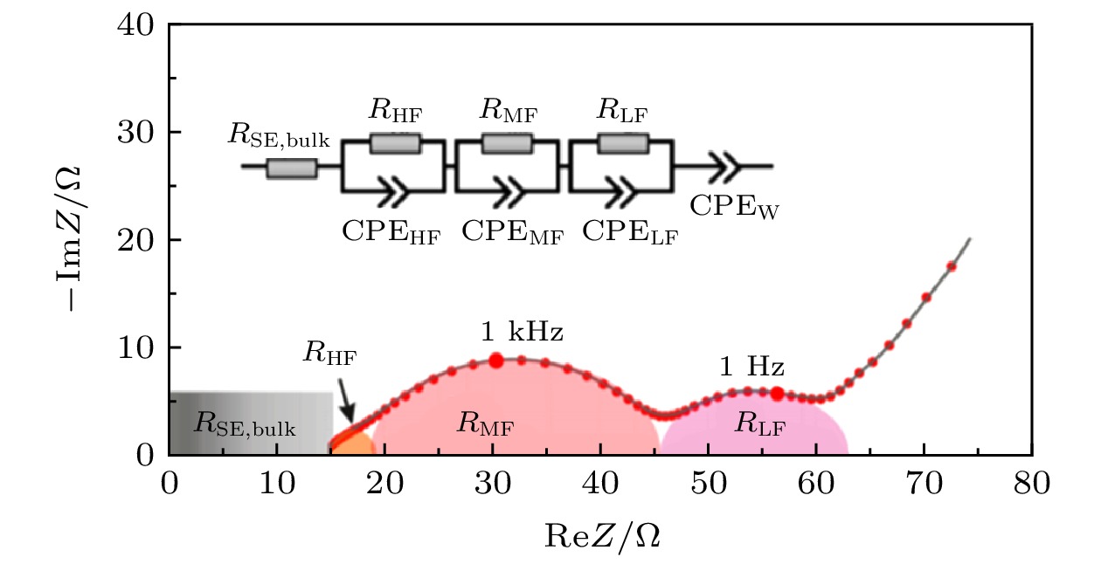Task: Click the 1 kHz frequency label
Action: (522, 332)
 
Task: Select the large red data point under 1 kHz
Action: (496, 360)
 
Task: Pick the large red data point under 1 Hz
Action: (777, 394)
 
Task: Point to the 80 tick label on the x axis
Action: (1032, 483)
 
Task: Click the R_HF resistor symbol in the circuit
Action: (395, 143)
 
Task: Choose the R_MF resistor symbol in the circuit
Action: (508, 143)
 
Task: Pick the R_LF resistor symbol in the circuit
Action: (621, 143)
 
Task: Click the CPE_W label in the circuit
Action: (734, 208)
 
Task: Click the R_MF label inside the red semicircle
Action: (485, 426)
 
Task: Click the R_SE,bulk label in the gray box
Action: (245, 426)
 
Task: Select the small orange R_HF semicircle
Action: (355, 444)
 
